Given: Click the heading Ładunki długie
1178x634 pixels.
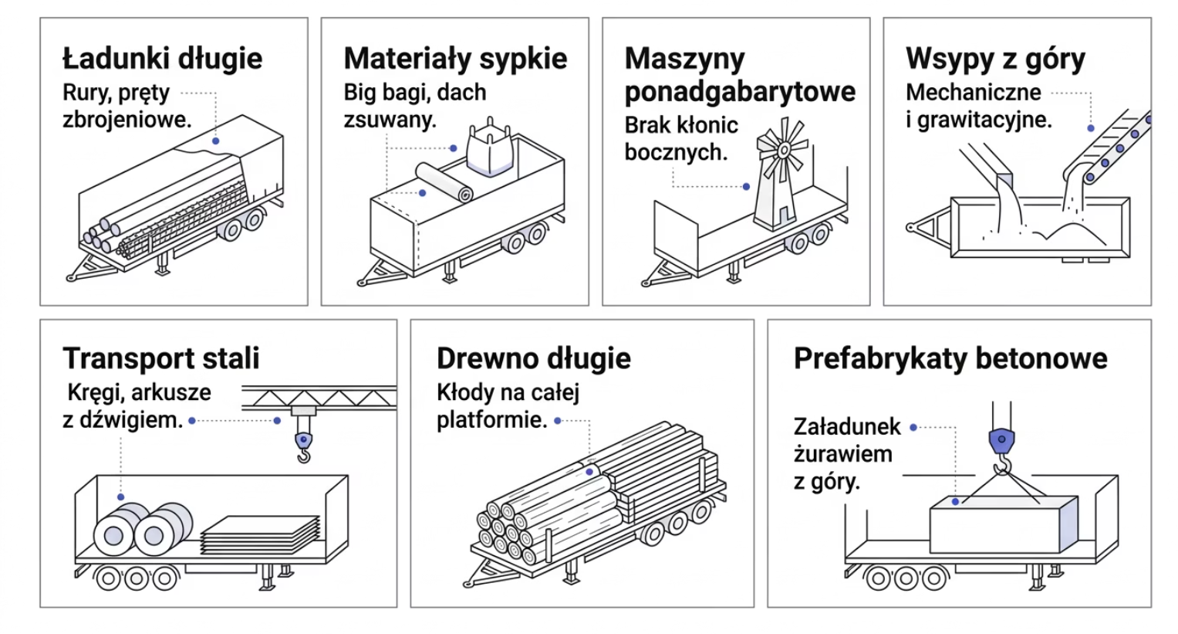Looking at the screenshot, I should coord(162,59).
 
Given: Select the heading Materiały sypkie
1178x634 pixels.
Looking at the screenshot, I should coord(455,59).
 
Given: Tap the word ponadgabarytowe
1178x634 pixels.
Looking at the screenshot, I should coord(739,91).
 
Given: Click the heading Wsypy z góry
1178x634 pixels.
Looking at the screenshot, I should coord(995,59).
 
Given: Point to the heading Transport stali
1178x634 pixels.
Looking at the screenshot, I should coord(160,358).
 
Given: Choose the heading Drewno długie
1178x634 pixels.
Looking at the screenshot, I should coord(533,358).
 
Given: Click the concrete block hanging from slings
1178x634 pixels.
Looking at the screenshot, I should coord(1003,525).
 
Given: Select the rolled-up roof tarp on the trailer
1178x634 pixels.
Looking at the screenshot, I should coord(444,182).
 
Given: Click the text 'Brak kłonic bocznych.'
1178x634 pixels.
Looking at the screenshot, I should coord(680,138).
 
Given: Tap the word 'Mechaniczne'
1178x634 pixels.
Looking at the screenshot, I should coord(973,93).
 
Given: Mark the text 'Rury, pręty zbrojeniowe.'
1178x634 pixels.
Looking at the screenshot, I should coord(127,106).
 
